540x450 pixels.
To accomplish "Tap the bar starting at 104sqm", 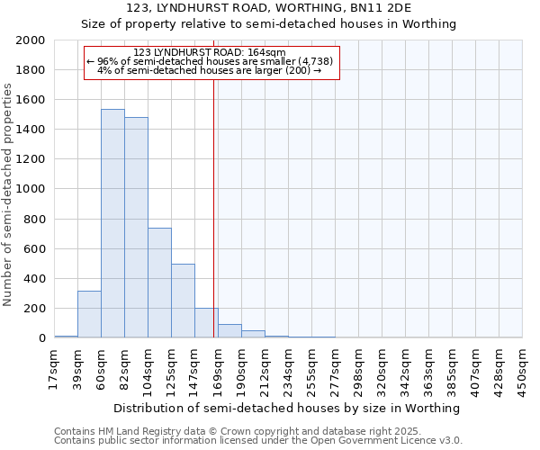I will point(159,283).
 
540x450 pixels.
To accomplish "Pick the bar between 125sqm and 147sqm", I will point(183,301).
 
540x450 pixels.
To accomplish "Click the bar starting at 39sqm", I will point(89,314).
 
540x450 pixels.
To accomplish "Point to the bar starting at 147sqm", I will point(206,323).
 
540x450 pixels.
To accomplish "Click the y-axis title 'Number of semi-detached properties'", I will point(9,194).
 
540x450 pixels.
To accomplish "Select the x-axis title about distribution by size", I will point(287,408).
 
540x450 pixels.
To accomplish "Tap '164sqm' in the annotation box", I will point(267,52).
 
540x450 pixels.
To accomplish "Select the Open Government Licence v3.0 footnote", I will point(257,441).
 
